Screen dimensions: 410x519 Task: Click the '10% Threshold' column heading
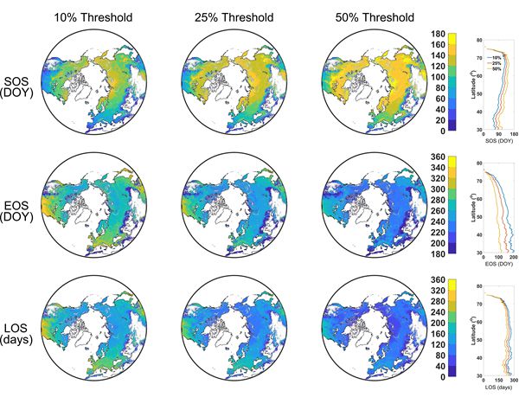point(89,16)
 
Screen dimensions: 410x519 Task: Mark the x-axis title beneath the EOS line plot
point(496,263)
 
